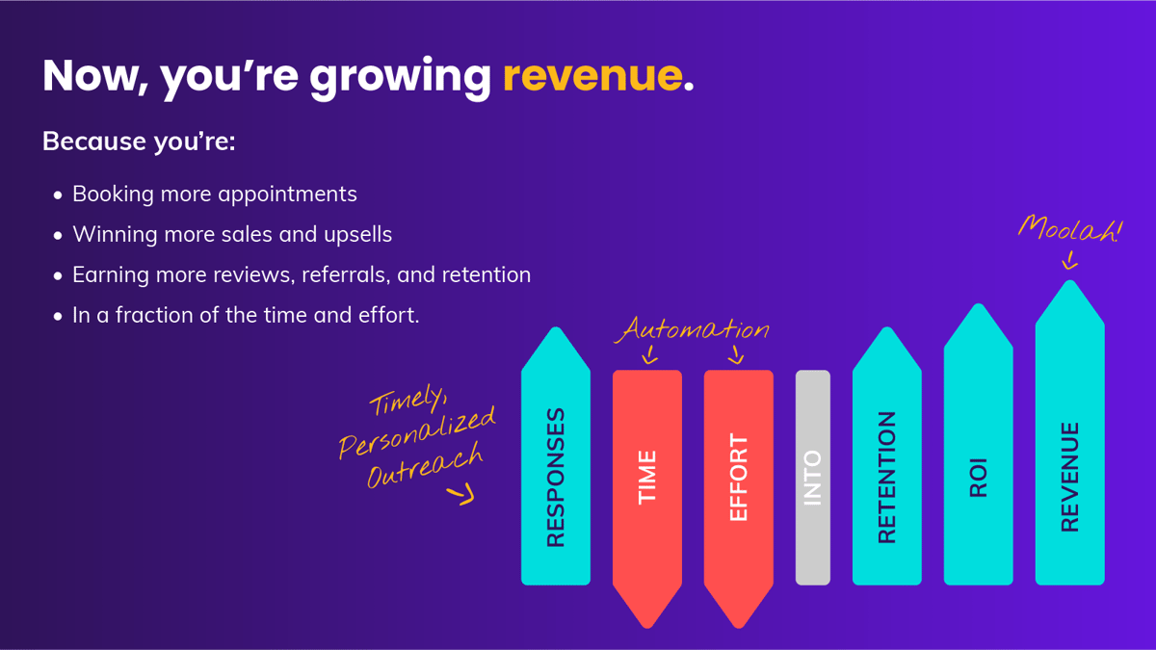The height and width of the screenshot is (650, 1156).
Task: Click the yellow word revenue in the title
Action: coord(591,75)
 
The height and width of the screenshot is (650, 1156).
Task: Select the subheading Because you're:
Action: coord(139,142)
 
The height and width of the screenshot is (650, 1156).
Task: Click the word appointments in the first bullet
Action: coord(287,194)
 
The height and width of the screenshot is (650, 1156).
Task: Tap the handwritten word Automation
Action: coord(694,330)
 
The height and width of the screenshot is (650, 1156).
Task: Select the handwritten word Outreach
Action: coord(424,467)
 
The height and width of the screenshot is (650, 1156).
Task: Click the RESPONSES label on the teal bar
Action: coord(556,478)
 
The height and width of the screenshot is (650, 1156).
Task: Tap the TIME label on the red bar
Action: coord(647,478)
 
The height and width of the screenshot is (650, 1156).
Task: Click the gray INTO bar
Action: coord(812,478)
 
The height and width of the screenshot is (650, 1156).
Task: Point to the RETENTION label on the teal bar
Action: coord(886,478)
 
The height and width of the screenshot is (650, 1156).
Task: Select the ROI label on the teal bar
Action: coord(978,478)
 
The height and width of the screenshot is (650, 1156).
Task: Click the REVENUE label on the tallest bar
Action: coord(1069,478)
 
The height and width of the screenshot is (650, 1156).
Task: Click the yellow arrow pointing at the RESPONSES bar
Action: coord(461,496)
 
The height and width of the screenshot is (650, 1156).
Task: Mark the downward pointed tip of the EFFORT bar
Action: coord(739,621)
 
